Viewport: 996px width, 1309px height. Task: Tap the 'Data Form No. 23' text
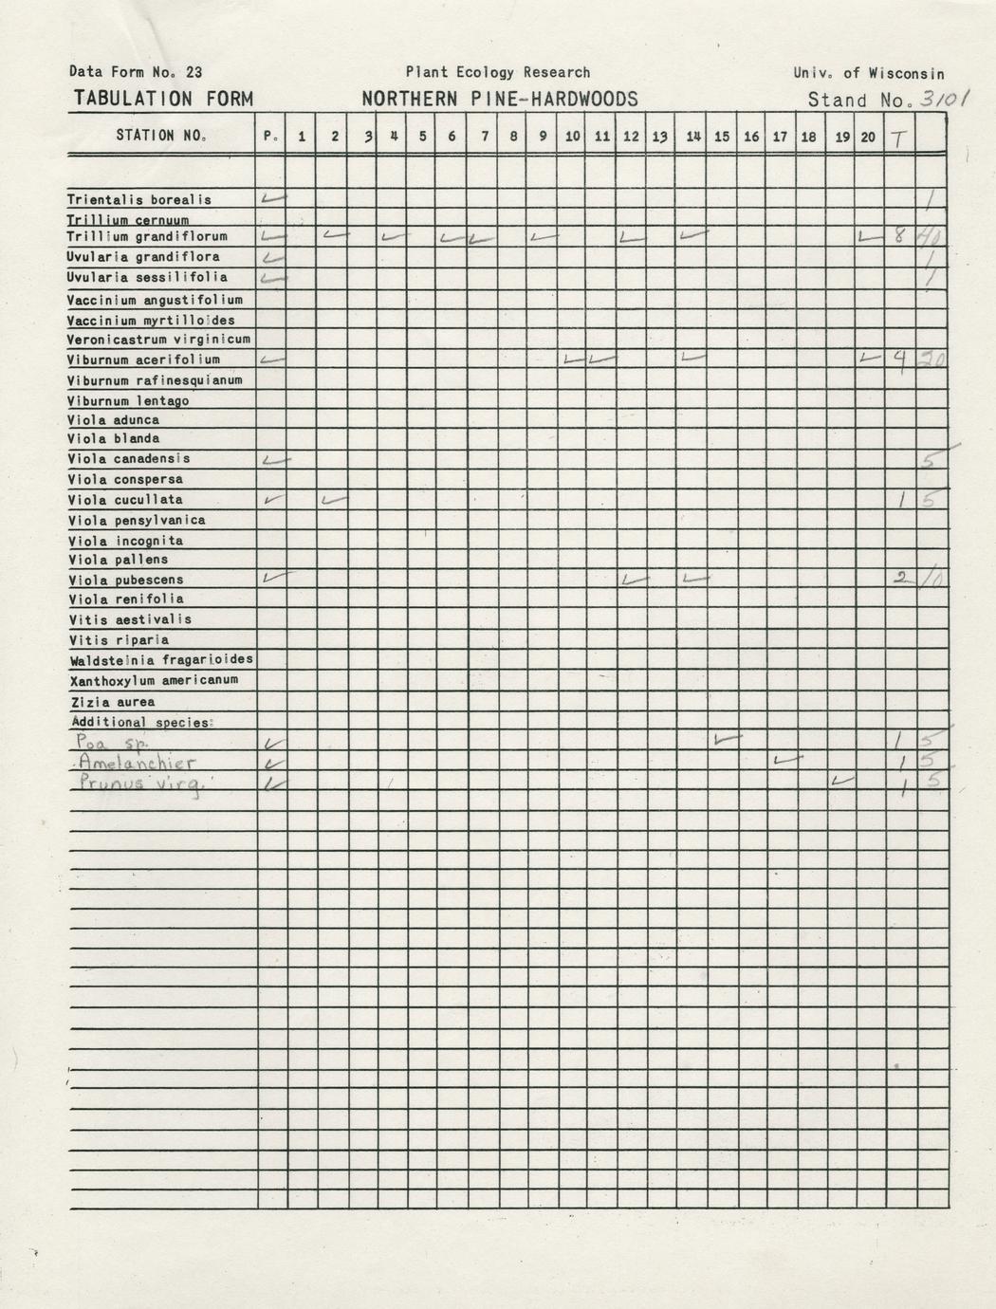pos(136,72)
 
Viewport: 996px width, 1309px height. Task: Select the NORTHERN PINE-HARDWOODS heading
pos(499,100)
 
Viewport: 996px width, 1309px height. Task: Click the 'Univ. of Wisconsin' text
pos(869,73)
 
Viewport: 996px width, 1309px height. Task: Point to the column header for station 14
pos(693,137)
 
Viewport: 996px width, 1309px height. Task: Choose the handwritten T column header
pos(897,138)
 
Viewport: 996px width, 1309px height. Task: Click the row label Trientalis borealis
pos(139,200)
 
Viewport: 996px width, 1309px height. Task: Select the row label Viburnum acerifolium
pos(143,360)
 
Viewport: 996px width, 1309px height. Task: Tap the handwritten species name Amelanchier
pos(138,764)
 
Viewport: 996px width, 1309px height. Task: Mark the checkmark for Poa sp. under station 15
pos(726,738)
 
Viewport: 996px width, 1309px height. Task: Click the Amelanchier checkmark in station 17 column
pos(786,759)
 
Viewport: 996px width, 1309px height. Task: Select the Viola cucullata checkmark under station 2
pos(334,500)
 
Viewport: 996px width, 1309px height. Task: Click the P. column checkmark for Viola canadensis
pos(274,460)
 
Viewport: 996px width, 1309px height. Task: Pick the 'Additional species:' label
pos(142,723)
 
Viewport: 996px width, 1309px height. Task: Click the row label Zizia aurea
pos(113,703)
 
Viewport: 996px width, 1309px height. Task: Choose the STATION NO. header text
pos(160,136)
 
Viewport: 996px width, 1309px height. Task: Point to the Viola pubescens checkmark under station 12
pos(633,579)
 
